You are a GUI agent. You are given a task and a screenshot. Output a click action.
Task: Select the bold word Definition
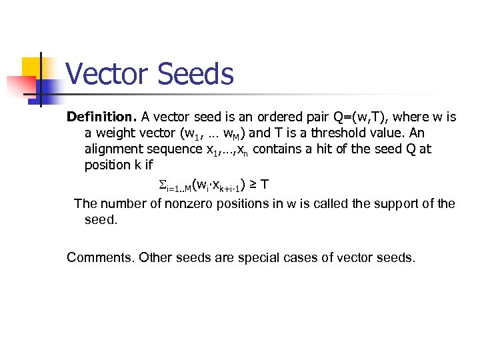point(101,117)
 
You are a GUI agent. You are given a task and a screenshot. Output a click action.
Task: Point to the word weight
point(113,133)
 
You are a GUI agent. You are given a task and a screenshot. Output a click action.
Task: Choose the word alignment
point(113,149)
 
